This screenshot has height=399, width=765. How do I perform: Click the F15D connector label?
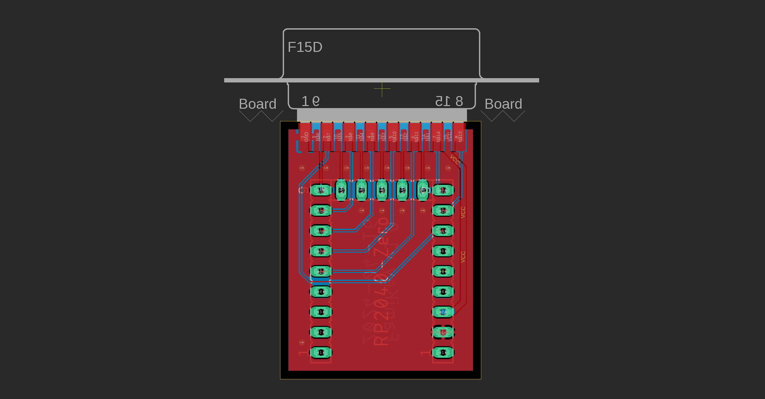(305, 47)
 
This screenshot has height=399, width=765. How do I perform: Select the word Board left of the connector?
(257, 104)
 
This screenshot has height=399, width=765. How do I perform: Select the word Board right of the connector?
(503, 104)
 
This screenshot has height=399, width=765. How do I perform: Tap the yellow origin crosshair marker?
(382, 89)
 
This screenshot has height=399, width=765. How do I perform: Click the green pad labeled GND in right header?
(443, 332)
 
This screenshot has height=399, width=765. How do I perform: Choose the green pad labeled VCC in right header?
(443, 312)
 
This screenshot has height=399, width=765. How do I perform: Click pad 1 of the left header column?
(321, 352)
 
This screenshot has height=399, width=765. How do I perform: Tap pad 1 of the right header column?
(443, 352)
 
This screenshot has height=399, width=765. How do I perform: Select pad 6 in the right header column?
(443, 251)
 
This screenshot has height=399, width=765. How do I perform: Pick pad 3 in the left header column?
(321, 312)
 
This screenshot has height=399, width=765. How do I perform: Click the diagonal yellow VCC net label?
(455, 159)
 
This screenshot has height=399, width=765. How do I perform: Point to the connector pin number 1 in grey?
(305, 101)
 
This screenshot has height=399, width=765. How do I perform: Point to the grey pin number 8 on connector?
(459, 101)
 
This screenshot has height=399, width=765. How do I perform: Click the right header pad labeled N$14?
(443, 190)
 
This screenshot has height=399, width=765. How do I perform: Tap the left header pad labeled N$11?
(321, 271)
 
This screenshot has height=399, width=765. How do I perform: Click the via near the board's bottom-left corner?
(302, 342)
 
